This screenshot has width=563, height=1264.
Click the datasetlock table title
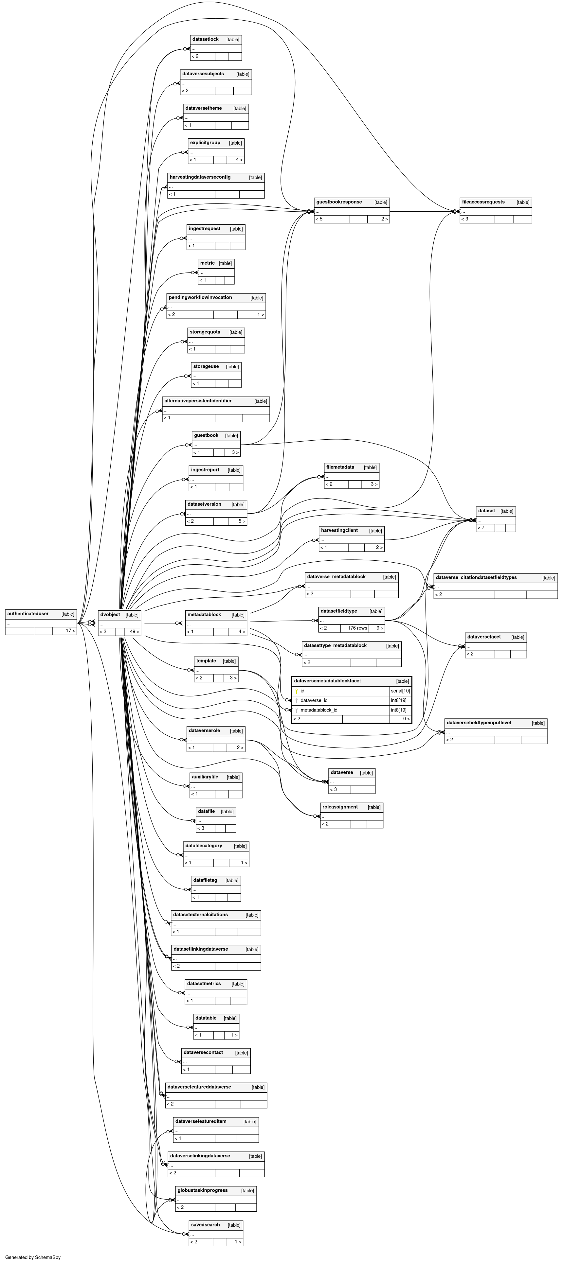pos(205,39)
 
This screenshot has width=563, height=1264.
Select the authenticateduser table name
pos(28,613)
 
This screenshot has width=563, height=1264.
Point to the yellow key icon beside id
pos(297,691)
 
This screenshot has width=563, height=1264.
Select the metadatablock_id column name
pos(319,710)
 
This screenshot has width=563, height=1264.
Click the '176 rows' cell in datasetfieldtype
pos(358,628)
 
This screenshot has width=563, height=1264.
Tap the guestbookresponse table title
pos(339,202)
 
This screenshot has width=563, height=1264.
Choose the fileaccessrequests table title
pos(483,202)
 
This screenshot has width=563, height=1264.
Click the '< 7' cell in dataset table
pos(481,528)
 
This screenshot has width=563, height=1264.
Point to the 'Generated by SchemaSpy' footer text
pos(33,1257)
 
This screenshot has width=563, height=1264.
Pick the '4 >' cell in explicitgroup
pos(239,160)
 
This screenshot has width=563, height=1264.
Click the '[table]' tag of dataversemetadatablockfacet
pos(403,681)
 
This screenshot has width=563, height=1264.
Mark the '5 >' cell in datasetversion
pos(242,521)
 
